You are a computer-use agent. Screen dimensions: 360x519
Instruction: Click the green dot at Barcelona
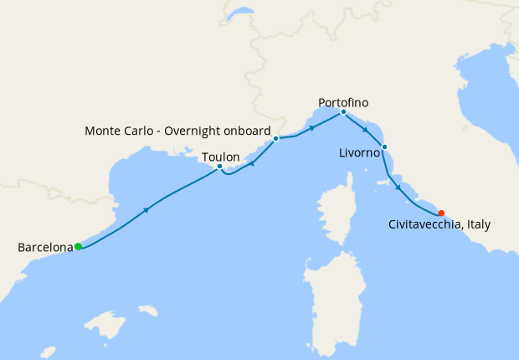click(78, 246)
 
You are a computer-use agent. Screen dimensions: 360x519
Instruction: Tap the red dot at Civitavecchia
click(441, 213)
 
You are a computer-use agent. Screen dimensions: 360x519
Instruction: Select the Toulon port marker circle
click(219, 167)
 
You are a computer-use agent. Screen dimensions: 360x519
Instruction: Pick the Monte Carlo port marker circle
click(275, 138)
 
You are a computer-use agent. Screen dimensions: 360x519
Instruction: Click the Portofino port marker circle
click(343, 112)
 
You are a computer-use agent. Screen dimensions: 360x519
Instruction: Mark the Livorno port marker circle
click(384, 147)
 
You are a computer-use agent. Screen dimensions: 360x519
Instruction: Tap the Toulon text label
click(220, 157)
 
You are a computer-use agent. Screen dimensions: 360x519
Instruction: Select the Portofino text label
click(343, 102)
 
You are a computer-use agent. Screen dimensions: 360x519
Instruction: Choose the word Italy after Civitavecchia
click(477, 224)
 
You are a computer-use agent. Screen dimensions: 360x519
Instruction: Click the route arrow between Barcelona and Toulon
click(147, 209)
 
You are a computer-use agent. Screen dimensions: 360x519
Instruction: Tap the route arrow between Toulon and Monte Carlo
click(252, 163)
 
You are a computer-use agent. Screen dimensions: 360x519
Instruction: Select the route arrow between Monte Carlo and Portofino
click(311, 128)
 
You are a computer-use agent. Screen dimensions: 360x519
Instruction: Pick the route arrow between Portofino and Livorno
click(365, 130)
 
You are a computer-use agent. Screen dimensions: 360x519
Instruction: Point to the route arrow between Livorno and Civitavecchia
click(398, 187)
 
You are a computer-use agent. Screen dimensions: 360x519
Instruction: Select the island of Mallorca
click(105, 323)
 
